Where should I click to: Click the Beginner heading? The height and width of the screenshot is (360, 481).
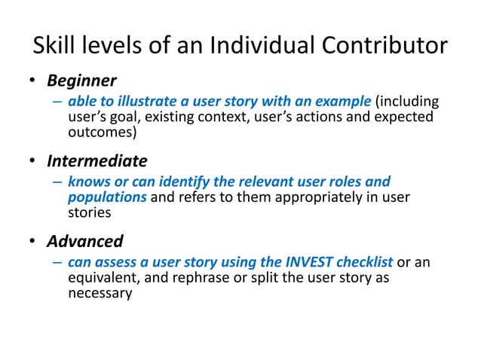81,80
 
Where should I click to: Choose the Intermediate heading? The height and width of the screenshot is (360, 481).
97,161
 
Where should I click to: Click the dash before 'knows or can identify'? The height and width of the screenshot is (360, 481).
57,183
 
